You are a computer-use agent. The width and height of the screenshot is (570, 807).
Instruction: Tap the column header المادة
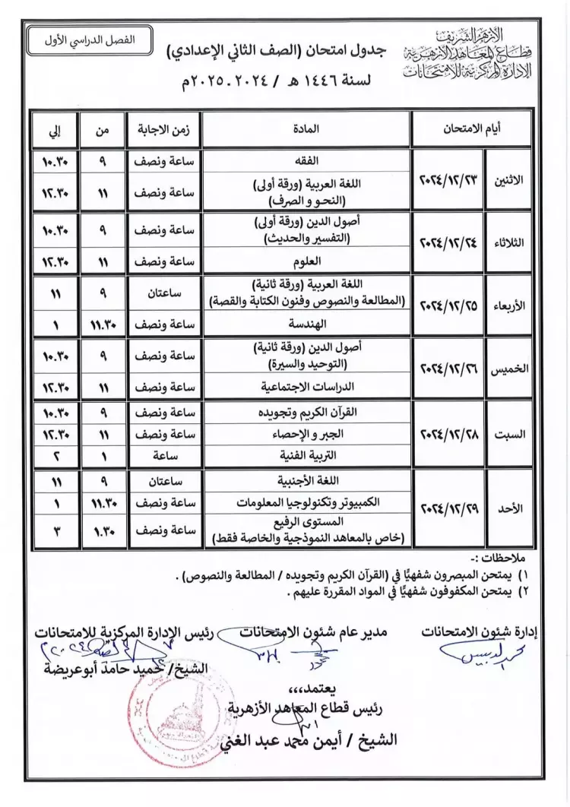point(308,129)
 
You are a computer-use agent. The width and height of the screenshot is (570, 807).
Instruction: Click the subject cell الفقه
point(308,162)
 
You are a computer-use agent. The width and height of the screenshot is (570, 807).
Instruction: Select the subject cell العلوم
point(308,261)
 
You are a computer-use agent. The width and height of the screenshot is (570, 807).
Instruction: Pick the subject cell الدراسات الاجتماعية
point(308,386)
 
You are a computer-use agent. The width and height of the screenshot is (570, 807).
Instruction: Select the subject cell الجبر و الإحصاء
point(308,435)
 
